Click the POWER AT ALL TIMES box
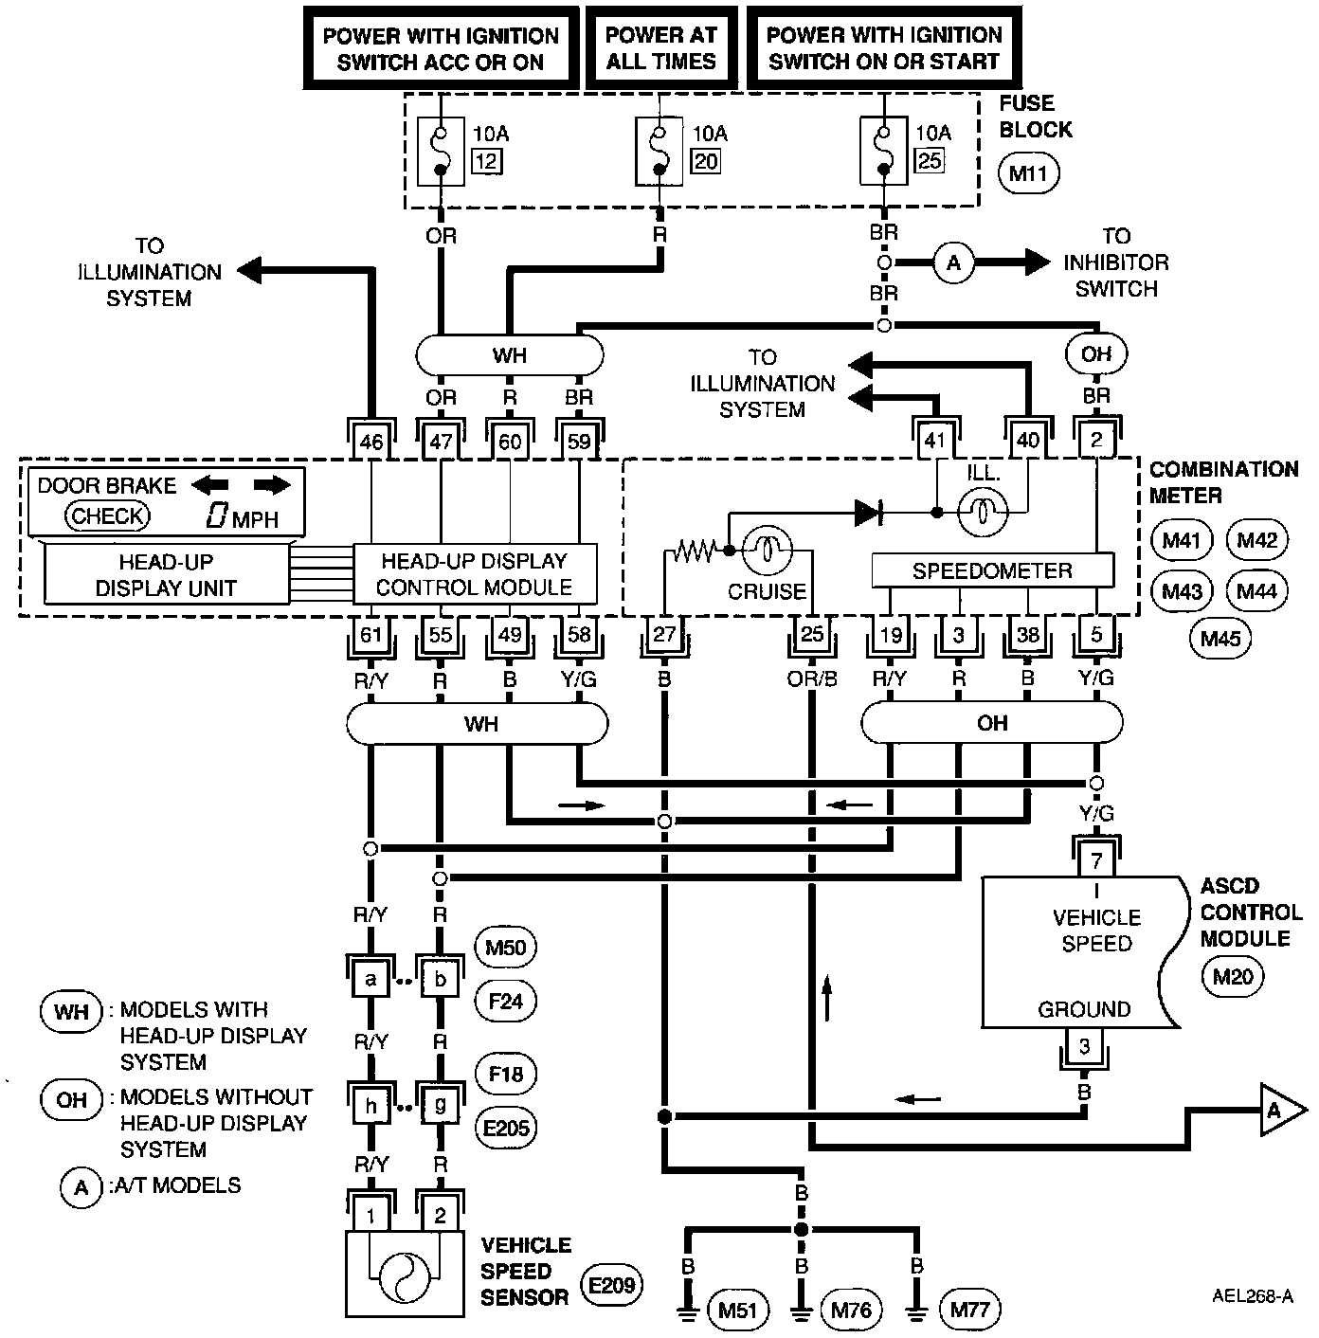click(x=660, y=48)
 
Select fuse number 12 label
click(x=486, y=161)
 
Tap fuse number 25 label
click(x=930, y=160)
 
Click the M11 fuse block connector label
click(x=1028, y=173)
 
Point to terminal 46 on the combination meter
click(x=371, y=441)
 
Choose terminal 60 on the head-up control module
click(x=510, y=441)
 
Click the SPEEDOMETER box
click(x=992, y=570)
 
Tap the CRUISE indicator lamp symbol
click(x=766, y=549)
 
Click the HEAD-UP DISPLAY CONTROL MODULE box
click(x=475, y=573)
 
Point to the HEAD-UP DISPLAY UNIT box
click(x=166, y=574)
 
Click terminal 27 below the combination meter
click(x=664, y=633)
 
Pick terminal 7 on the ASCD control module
click(x=1096, y=860)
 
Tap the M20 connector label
click(x=1232, y=975)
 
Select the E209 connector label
click(x=611, y=1286)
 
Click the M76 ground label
click(x=850, y=1310)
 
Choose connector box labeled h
click(x=370, y=1105)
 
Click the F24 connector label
click(x=504, y=1001)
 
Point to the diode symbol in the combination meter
click(x=869, y=513)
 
